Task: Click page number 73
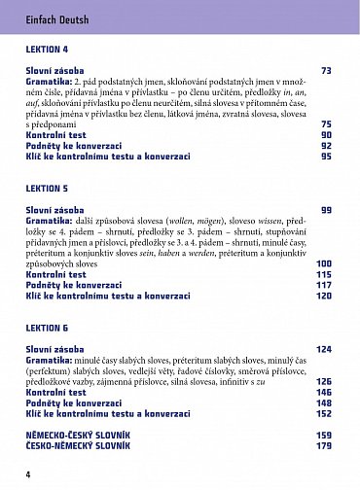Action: [326, 70]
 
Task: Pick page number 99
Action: [326, 210]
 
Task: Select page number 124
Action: [324, 349]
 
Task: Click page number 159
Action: [324, 435]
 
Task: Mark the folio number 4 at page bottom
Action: [29, 473]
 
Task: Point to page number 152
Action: [324, 413]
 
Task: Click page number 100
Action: [324, 263]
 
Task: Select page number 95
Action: [326, 156]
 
